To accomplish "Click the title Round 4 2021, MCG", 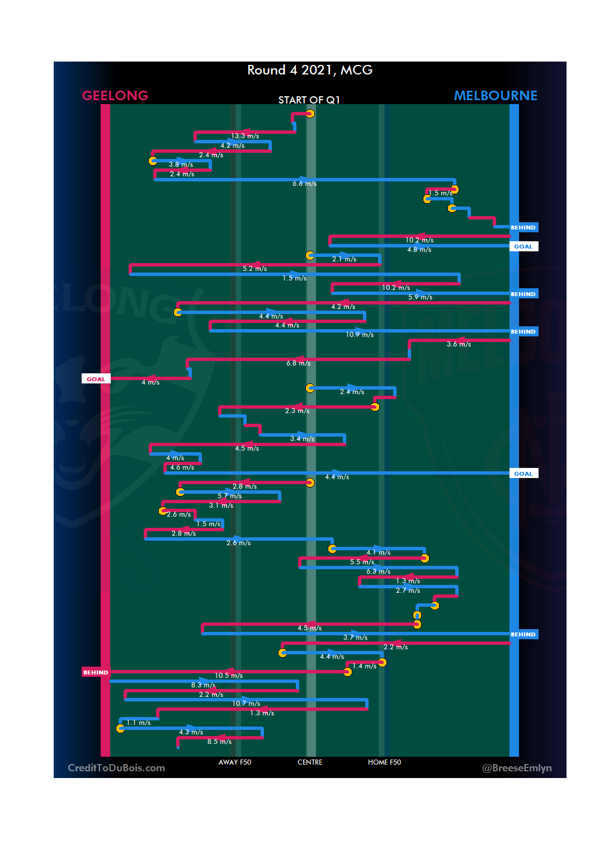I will click(310, 70).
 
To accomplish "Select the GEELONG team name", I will click(115, 96).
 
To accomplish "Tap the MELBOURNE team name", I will click(496, 96).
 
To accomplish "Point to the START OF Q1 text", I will click(309, 100).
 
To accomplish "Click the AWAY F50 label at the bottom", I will click(235, 762).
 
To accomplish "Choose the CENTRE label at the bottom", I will click(310, 762).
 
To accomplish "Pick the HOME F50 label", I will click(384, 762).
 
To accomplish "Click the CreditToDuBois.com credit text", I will click(116, 768).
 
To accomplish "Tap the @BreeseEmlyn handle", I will click(517, 768).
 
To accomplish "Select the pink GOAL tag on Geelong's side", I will click(96, 379).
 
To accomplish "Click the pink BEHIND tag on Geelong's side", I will click(96, 672).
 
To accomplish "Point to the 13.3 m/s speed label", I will click(245, 136).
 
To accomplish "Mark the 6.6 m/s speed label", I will click(304, 184).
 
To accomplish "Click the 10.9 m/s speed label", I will click(360, 335).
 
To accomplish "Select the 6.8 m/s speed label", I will click(298, 363).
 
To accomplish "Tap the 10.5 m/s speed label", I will click(229, 676).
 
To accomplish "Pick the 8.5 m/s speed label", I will click(219, 742).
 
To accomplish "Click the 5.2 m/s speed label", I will click(254, 269).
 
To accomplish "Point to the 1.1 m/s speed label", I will click(138, 723).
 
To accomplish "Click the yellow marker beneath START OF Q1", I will click(310, 114).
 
